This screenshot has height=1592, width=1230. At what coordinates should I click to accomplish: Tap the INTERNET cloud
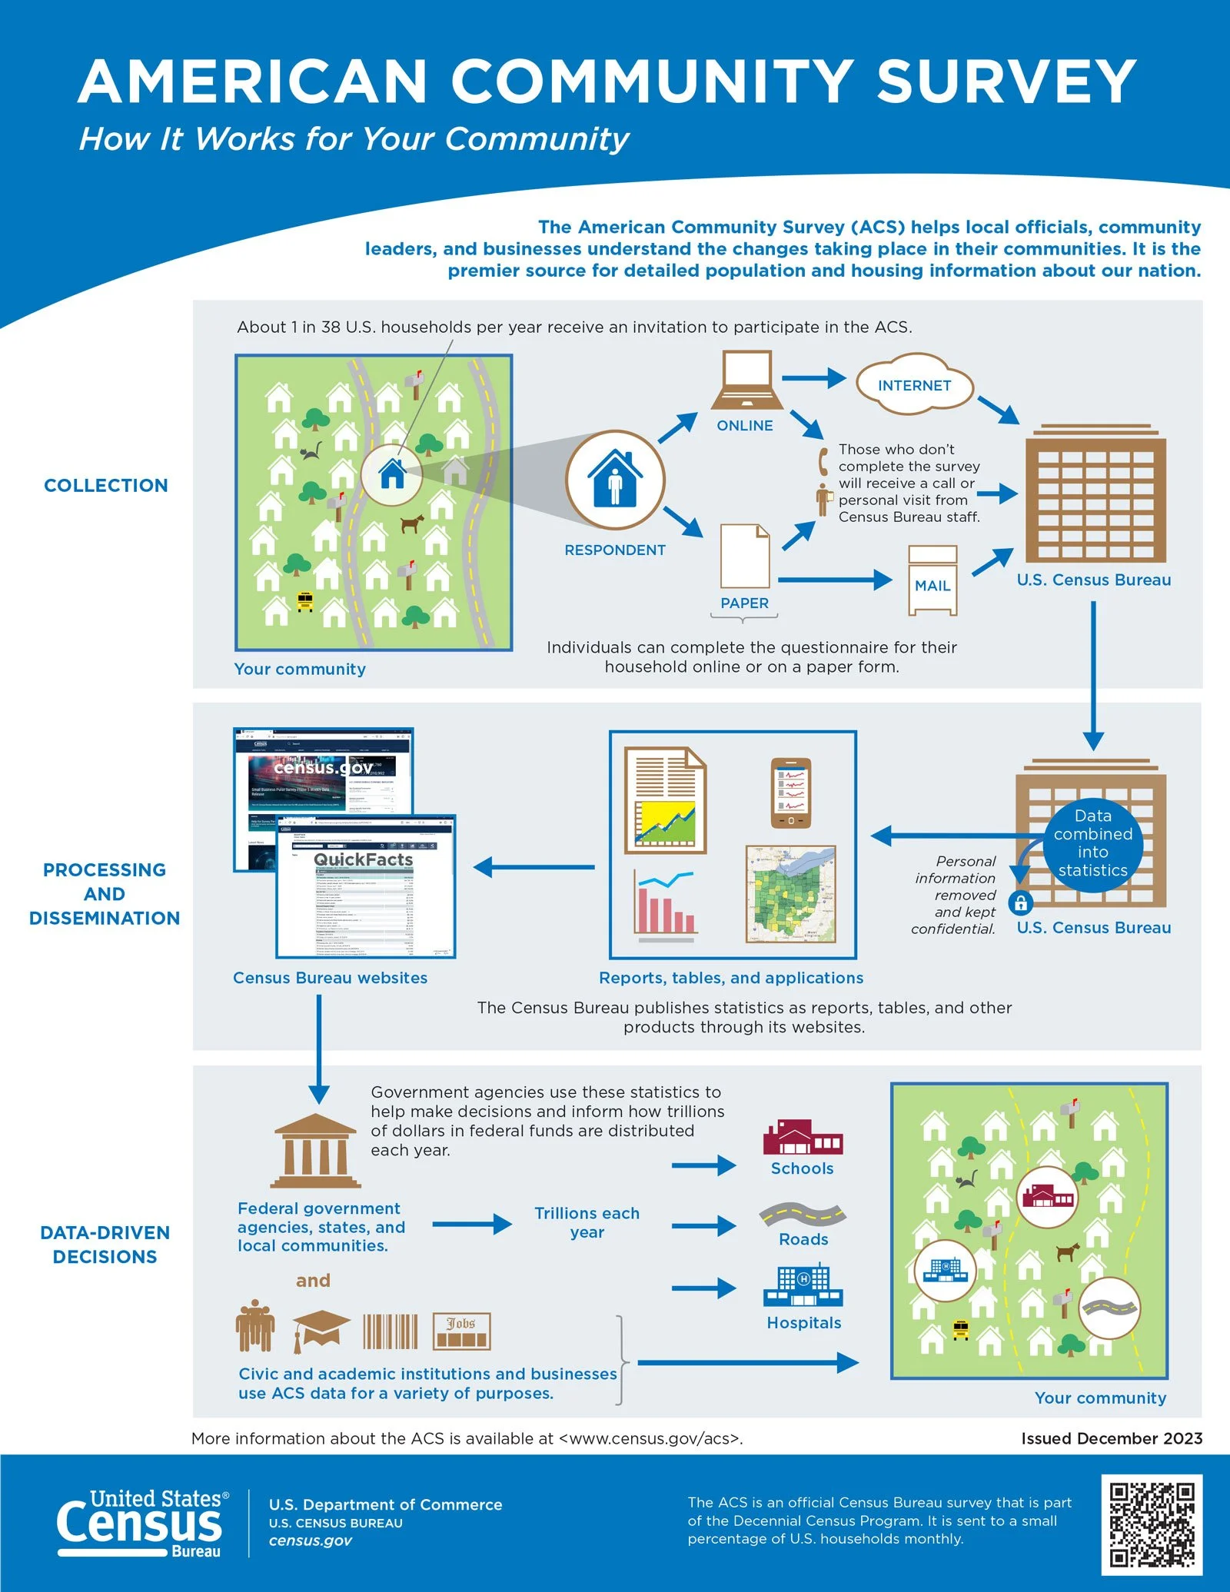point(914,384)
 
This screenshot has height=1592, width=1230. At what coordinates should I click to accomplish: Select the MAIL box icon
point(932,581)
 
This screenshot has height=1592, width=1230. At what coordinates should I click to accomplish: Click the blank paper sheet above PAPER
point(744,556)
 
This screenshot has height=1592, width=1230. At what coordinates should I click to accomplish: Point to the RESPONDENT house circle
point(615,480)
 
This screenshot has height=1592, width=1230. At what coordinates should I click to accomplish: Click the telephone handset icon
point(823,461)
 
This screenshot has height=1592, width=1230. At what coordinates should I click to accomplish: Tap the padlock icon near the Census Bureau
point(1021,902)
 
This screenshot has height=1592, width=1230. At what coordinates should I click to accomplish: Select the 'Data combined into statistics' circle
point(1092,843)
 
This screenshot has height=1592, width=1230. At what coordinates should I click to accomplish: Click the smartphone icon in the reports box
point(790,793)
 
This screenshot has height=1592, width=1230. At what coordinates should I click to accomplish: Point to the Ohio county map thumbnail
point(790,894)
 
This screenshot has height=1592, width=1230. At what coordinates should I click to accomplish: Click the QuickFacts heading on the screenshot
point(363,859)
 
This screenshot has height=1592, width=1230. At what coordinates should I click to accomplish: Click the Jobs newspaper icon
point(461,1331)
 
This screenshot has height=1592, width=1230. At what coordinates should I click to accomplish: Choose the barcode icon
point(391,1331)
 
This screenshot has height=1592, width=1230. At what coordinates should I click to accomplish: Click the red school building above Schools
point(802,1137)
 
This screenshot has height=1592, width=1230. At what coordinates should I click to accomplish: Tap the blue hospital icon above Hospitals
point(803,1285)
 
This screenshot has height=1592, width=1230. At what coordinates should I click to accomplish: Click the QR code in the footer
point(1151,1524)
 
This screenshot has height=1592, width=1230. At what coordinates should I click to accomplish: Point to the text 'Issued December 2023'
point(1111,1438)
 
